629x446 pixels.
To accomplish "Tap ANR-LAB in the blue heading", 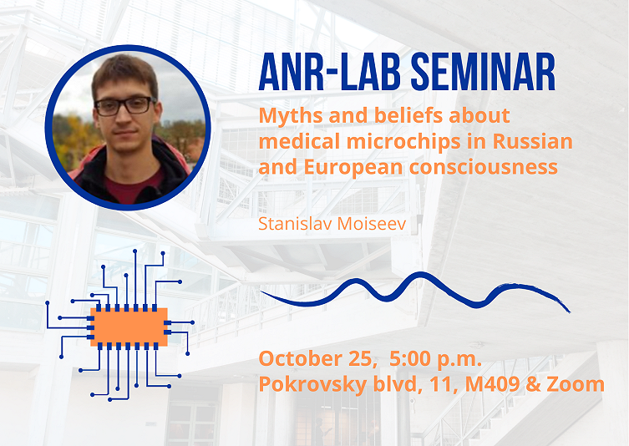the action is pyautogui.click(x=330, y=72).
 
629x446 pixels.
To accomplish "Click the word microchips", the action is pyautogui.click(x=416, y=141).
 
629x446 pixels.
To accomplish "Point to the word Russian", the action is pyautogui.click(x=532, y=141).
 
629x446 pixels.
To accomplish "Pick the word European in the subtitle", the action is pyautogui.click(x=353, y=168).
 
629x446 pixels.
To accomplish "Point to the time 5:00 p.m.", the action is pyautogui.click(x=436, y=359).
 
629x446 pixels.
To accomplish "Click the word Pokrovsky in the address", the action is pyautogui.click(x=313, y=385).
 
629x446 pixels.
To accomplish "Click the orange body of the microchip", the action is pyautogui.click(x=129, y=327).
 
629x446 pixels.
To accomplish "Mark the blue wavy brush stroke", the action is pyautogui.click(x=415, y=291).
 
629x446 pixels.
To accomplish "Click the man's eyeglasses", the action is pyautogui.click(x=125, y=105).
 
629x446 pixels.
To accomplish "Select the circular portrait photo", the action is pyautogui.click(x=128, y=128).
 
